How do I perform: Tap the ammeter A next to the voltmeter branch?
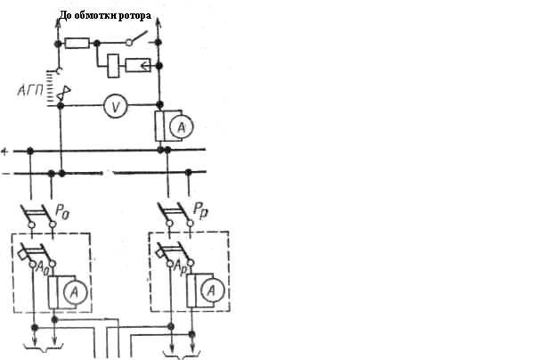[181, 128]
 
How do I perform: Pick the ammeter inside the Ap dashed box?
[211, 290]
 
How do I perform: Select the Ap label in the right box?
[180, 266]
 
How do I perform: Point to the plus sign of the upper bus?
[4, 151]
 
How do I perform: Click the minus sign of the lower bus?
[4, 172]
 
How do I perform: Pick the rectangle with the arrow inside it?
[137, 65]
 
